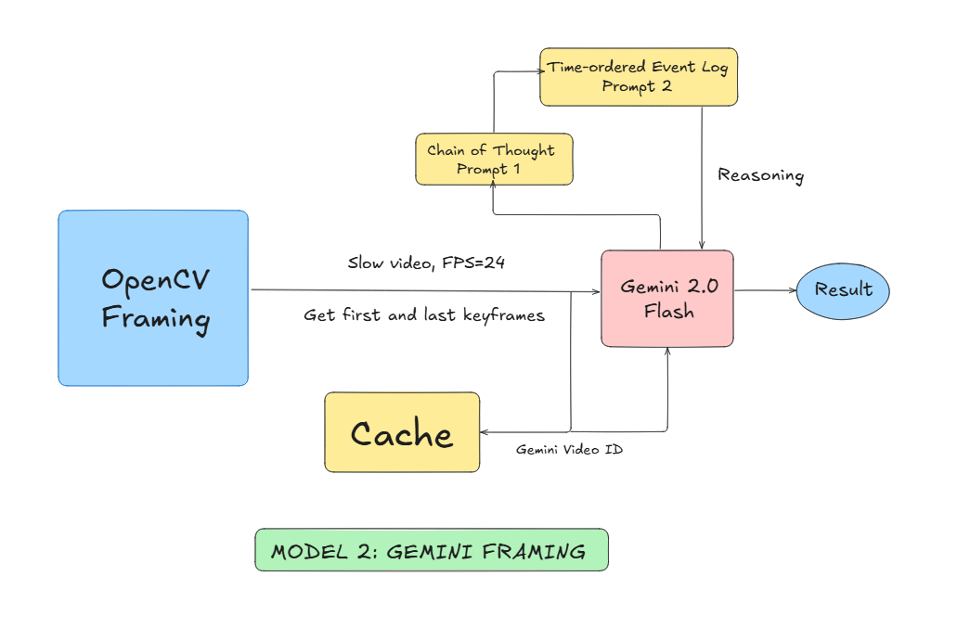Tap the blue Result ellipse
[843, 289]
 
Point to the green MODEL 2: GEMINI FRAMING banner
[431, 550]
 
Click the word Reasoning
[761, 175]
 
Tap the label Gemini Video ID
[570, 450]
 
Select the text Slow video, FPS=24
[426, 263]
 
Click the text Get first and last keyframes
[424, 315]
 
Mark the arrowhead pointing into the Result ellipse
[793, 290]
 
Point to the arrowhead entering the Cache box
[485, 431]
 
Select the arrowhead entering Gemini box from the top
[702, 247]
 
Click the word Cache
[402, 434]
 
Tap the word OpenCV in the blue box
[153, 280]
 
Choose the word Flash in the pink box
[668, 312]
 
